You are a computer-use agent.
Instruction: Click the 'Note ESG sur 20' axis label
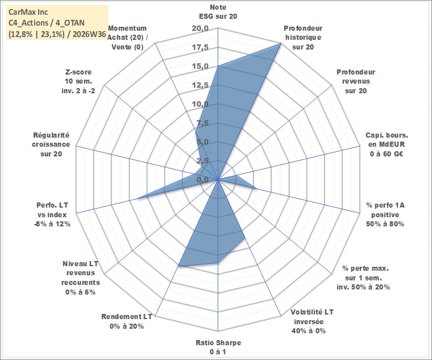pyautogui.click(x=218, y=12)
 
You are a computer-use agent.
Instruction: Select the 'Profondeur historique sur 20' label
pyautogui.click(x=303, y=38)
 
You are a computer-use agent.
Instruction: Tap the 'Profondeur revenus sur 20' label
pyautogui.click(x=356, y=81)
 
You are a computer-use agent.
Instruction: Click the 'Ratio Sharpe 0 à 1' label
pyautogui.click(x=218, y=347)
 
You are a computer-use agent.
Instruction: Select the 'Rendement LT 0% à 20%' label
pyautogui.click(x=126, y=321)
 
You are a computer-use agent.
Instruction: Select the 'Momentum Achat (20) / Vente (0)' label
pyautogui.click(x=127, y=38)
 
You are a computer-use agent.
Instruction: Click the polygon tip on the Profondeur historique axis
pyautogui.click(x=280, y=43)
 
